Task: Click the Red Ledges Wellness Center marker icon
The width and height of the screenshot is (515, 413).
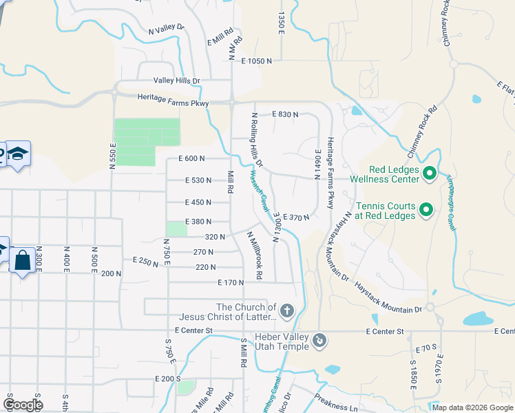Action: point(430,173)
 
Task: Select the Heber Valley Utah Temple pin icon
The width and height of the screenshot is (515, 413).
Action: point(319,340)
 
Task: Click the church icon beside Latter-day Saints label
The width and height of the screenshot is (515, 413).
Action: point(287,311)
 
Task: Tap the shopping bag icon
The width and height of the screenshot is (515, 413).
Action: point(22,262)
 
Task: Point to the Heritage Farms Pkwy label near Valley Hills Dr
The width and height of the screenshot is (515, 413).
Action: point(173,100)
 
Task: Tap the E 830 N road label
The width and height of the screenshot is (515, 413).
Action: point(285,114)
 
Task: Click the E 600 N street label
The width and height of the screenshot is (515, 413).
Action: point(191,158)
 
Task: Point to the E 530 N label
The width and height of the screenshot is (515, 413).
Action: point(197,180)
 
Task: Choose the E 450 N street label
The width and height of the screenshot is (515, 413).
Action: point(197,202)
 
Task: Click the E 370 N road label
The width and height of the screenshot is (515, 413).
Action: point(296,217)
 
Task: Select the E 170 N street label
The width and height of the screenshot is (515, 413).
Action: point(231,282)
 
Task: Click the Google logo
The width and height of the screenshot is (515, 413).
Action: point(23,405)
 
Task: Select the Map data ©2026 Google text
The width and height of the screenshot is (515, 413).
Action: point(472,407)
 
